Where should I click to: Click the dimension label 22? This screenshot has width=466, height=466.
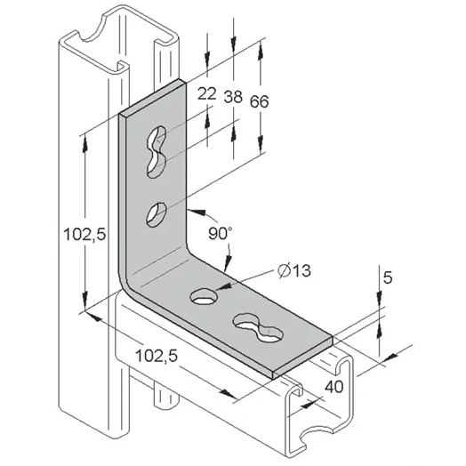click(207, 94)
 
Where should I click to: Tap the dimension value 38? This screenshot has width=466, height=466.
click(233, 97)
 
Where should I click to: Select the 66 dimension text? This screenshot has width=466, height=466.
click(259, 101)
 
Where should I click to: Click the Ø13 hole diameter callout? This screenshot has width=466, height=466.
click(294, 270)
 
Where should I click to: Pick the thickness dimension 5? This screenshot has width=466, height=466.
click(388, 277)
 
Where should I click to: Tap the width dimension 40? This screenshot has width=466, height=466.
click(334, 387)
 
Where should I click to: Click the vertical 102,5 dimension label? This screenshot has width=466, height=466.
click(84, 234)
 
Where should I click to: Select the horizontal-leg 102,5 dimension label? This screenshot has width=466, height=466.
click(157, 356)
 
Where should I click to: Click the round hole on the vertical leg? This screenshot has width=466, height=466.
click(157, 214)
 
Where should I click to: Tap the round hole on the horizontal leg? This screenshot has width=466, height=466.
click(204, 297)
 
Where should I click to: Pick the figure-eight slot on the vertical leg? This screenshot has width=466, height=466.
click(157, 151)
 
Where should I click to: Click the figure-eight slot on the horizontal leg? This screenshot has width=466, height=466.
click(258, 327)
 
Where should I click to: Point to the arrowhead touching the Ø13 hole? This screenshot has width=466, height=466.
click(223, 286)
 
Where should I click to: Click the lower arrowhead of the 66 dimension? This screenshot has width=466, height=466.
click(261, 143)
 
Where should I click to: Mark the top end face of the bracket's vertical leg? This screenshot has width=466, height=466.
click(152, 97)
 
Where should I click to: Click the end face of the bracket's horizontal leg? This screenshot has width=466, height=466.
click(302, 358)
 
